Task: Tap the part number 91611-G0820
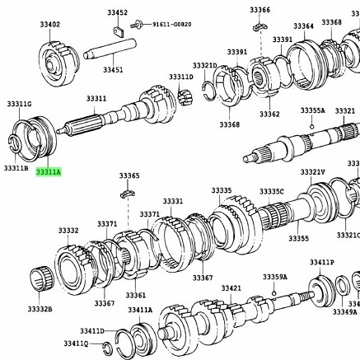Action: (x=171, y=25)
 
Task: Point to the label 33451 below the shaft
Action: (x=113, y=70)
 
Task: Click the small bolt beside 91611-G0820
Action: (x=138, y=26)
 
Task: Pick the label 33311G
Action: (x=19, y=105)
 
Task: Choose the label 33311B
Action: (x=16, y=168)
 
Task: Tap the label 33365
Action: (x=129, y=175)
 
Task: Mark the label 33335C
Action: (x=271, y=191)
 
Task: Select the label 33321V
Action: (x=312, y=172)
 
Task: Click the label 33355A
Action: (x=312, y=110)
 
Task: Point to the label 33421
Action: (x=231, y=288)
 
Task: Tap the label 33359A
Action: (x=274, y=277)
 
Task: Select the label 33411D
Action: (x=91, y=330)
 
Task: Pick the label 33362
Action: (x=269, y=115)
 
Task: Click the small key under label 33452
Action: (x=118, y=32)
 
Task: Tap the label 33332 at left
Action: (x=68, y=231)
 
